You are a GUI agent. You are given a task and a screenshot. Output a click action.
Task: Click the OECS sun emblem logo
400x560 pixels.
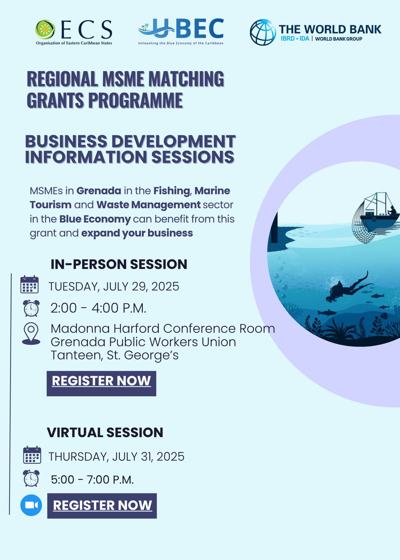pyautogui.click(x=45, y=30)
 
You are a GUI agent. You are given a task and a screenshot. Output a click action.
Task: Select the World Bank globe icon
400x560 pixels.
pyautogui.click(x=263, y=32)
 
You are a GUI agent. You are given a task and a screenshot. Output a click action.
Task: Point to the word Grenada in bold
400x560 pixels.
pyautogui.click(x=99, y=191)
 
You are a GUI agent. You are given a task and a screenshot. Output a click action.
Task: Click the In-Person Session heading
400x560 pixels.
pyautogui.click(x=119, y=264)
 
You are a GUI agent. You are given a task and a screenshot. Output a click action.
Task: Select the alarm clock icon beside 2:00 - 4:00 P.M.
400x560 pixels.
pyautogui.click(x=31, y=308)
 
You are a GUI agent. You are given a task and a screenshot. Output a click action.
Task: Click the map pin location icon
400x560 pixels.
pyautogui.click(x=31, y=333)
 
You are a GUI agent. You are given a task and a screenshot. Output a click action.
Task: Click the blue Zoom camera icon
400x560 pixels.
pyautogui.click(x=31, y=505)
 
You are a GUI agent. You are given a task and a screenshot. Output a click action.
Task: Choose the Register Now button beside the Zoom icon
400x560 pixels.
pyautogui.click(x=102, y=506)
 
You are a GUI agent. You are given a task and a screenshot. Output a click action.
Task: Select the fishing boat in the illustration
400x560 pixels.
pyautogui.click(x=379, y=211)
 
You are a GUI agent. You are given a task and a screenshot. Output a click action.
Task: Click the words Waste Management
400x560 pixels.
pyautogui.click(x=149, y=205)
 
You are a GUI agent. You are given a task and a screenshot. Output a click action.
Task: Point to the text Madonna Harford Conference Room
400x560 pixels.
pyautogui.click(x=163, y=328)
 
